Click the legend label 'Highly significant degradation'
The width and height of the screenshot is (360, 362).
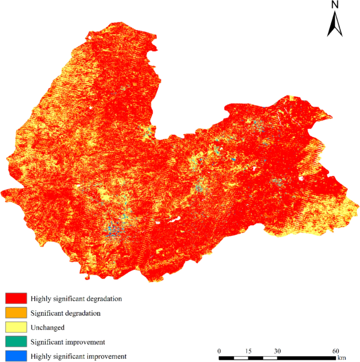click(76, 298)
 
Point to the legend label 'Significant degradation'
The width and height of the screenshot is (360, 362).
click(65, 313)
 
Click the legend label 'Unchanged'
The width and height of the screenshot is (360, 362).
click(47, 327)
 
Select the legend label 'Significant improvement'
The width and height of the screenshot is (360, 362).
click(67, 342)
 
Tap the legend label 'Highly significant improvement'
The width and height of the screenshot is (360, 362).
click(78, 356)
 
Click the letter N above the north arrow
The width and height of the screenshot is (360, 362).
click(335, 5)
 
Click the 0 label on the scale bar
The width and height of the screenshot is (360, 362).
click(220, 351)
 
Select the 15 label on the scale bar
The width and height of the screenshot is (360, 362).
click(248, 351)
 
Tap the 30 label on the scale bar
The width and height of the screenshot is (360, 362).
click(277, 351)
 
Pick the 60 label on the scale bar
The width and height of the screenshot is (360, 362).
click(336, 351)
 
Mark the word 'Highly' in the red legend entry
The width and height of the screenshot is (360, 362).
click(40, 298)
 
